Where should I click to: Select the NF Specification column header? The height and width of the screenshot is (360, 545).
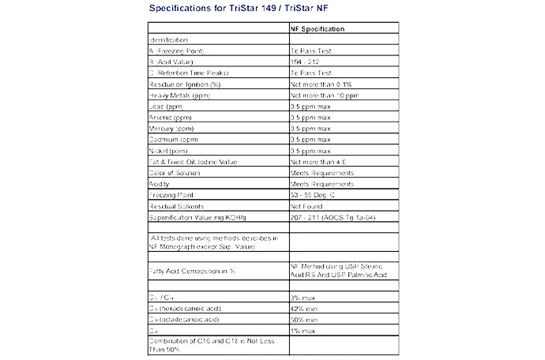point(318,28)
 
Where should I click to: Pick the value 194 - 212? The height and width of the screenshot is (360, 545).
point(306,62)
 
